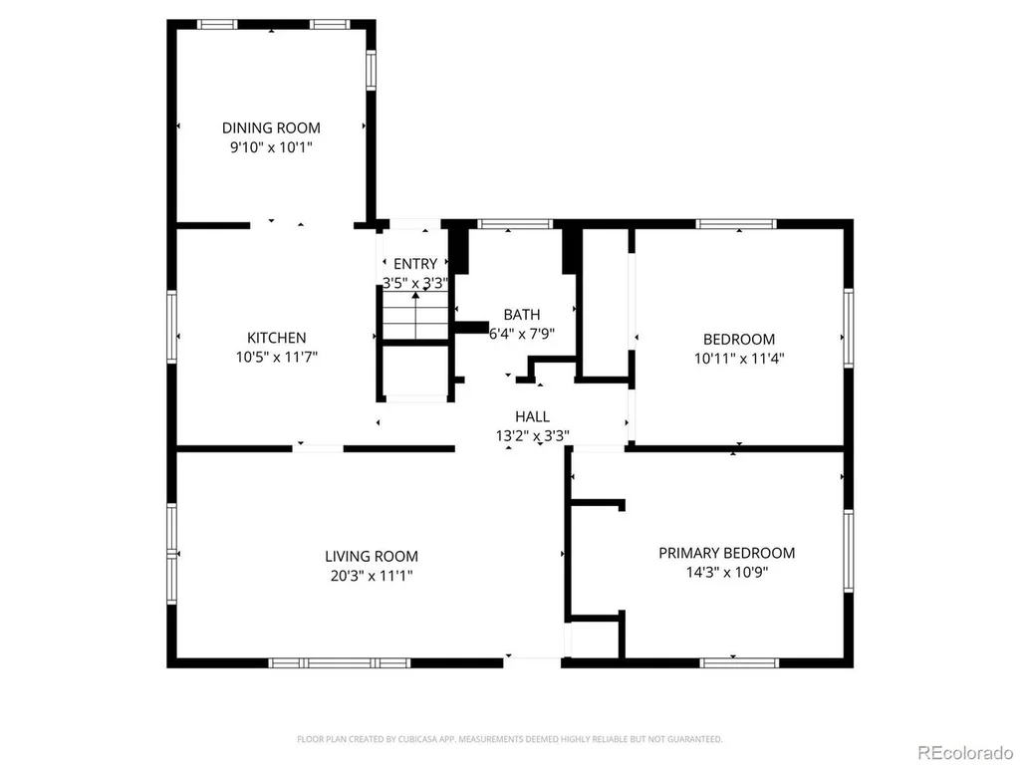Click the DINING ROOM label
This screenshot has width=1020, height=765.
tap(271, 127)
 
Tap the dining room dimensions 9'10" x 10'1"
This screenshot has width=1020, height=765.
tap(271, 147)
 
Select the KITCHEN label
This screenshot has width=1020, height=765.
tap(277, 338)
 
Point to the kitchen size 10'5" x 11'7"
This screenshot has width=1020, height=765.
tap(277, 358)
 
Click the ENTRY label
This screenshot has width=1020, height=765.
tap(415, 264)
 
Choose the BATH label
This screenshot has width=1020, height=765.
tap(522, 315)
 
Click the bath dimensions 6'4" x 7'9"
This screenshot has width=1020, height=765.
tap(522, 335)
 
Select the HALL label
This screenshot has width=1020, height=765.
tap(532, 416)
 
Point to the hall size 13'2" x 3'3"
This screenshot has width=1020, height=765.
tap(533, 436)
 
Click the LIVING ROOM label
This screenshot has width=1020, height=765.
tap(372, 556)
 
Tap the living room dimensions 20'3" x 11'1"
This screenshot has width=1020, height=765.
tap(372, 576)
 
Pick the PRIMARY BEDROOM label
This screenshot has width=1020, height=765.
tap(726, 553)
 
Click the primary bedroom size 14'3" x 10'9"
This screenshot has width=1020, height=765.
tap(726, 573)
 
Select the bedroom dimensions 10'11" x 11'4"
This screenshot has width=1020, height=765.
tap(739, 359)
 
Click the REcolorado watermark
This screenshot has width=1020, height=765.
tap(965, 753)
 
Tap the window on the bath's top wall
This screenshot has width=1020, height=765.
tap(515, 224)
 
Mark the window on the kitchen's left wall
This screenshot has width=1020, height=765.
tap(171, 326)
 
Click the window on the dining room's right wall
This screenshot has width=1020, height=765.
tap(371, 71)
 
